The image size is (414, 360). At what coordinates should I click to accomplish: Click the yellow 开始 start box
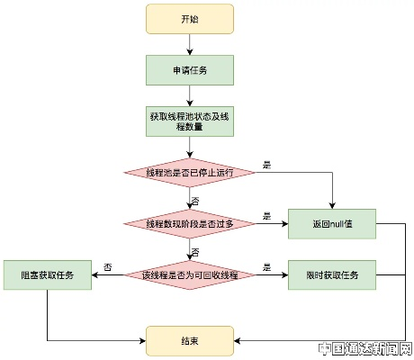coord(189,18)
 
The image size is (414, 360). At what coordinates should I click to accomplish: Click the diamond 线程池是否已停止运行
coord(189,172)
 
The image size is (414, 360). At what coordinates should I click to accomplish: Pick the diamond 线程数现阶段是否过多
coord(189,222)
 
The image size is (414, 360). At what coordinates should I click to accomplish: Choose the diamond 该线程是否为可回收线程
coord(189,274)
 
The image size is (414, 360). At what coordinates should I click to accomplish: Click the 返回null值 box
coord(332,222)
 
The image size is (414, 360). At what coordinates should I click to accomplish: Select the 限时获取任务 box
coord(332,274)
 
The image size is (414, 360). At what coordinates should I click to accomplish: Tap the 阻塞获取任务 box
coord(47,274)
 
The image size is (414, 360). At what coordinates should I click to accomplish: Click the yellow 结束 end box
coord(189,340)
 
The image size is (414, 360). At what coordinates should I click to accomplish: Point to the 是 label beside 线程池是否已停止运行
coord(266,165)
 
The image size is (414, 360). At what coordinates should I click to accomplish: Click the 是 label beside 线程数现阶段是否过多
coord(266,216)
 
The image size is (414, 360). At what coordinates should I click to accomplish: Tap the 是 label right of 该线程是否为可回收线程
coord(266,267)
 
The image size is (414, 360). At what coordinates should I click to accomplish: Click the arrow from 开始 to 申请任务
coord(189,43)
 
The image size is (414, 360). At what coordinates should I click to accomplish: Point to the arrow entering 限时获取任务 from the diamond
coord(270,274)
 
